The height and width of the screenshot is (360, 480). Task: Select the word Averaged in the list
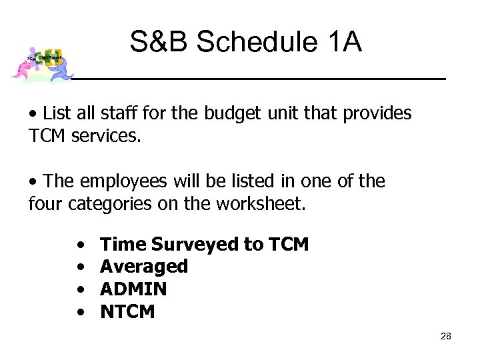coord(144,267)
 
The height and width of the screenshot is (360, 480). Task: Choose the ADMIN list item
coord(133,289)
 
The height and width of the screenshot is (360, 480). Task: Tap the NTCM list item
coord(127,311)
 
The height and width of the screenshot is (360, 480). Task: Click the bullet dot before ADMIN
coord(80,289)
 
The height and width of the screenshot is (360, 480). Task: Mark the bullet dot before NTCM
coord(80,311)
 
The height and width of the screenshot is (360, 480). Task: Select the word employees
coord(117,181)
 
